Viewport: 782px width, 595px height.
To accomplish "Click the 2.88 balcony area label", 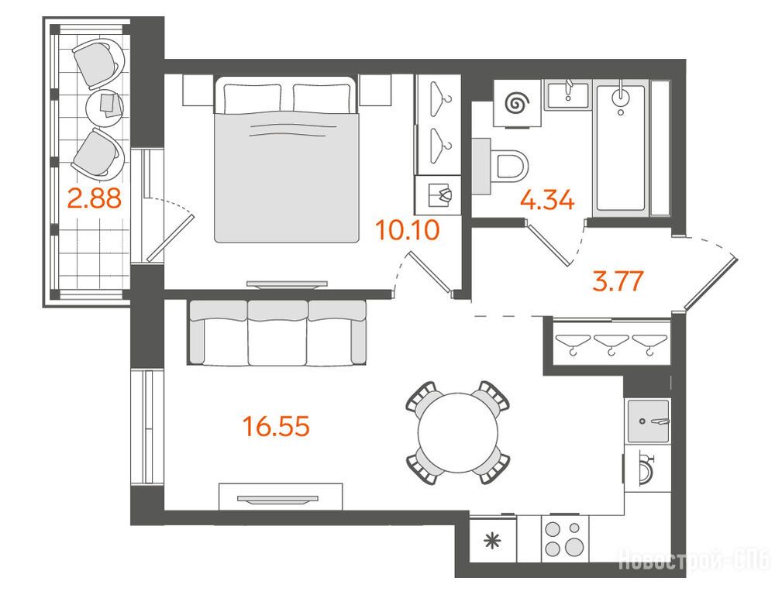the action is pos(95,198).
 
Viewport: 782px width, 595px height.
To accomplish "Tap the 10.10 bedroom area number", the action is pos(408,230).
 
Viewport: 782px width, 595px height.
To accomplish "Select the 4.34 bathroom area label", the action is pos(547,201).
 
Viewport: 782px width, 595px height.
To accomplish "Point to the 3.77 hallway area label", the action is pos(618,280).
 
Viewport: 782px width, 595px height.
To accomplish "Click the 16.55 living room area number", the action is pos(276,426).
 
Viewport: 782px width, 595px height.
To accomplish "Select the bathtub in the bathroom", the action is pos(621,148).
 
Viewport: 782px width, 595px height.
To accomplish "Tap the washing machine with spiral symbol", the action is pos(517,104).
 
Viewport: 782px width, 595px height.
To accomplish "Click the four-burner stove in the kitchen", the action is pos(565,539).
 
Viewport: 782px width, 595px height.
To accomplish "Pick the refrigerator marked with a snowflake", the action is pos(493,540).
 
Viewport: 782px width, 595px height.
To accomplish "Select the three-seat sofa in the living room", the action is pos(277,332).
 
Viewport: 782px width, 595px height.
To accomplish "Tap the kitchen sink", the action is pos(648,421).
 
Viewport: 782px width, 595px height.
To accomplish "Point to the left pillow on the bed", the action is pos(252,97).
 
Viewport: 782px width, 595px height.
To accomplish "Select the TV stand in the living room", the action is pos(281,497).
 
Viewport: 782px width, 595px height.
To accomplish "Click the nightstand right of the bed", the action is pos(375,91).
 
